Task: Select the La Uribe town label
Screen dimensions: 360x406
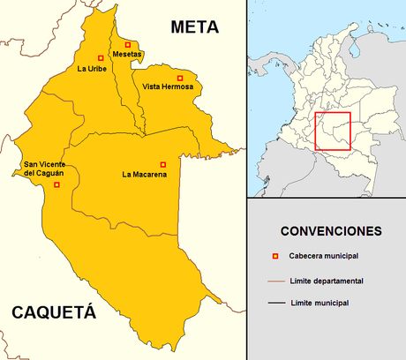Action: tap(92, 69)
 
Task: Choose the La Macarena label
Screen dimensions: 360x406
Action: tap(144, 175)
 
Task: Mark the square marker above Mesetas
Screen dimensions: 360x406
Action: tap(128, 43)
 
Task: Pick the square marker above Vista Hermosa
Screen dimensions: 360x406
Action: tap(182, 75)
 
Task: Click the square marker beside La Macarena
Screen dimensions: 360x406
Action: tap(162, 164)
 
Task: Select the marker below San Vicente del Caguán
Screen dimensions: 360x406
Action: tap(56, 185)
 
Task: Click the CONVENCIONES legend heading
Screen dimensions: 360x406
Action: tap(331, 231)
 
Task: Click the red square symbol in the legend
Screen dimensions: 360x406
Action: tap(275, 257)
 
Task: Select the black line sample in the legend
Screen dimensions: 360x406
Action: tap(276, 303)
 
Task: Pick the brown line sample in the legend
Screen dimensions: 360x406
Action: tap(276, 281)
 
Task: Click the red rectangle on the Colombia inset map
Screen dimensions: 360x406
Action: tap(333, 131)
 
